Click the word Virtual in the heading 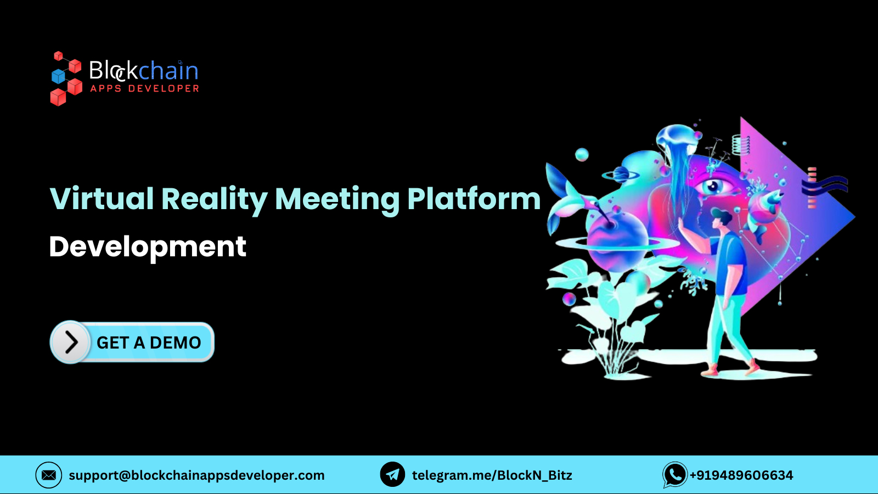[102, 198]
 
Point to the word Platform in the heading [474, 198]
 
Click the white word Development [148, 247]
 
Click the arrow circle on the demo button [70, 342]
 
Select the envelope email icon [49, 475]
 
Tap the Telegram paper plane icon [392, 475]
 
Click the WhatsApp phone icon [675, 475]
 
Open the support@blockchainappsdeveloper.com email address [196, 475]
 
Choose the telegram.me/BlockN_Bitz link [492, 475]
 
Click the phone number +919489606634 [741, 475]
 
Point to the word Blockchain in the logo [143, 71]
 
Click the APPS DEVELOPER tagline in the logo [144, 88]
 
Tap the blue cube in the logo [58, 76]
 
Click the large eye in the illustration [713, 186]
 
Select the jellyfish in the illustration [678, 143]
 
